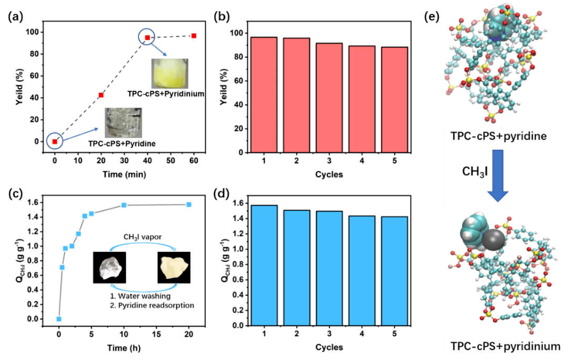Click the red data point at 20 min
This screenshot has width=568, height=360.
[x=101, y=95]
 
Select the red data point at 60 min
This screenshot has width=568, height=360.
[x=194, y=36]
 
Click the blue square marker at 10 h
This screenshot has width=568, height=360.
[x=124, y=205]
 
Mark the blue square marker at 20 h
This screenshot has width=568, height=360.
[x=189, y=204]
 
